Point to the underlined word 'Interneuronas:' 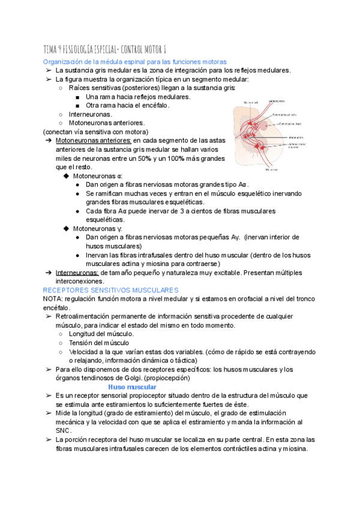tap(77, 273)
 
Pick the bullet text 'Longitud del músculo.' tap(101, 334)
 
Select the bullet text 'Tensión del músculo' tap(99, 343)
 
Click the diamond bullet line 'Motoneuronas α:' tap(97, 176)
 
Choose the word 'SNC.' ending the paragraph tap(63, 431)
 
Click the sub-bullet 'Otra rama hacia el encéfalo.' tap(127, 105)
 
